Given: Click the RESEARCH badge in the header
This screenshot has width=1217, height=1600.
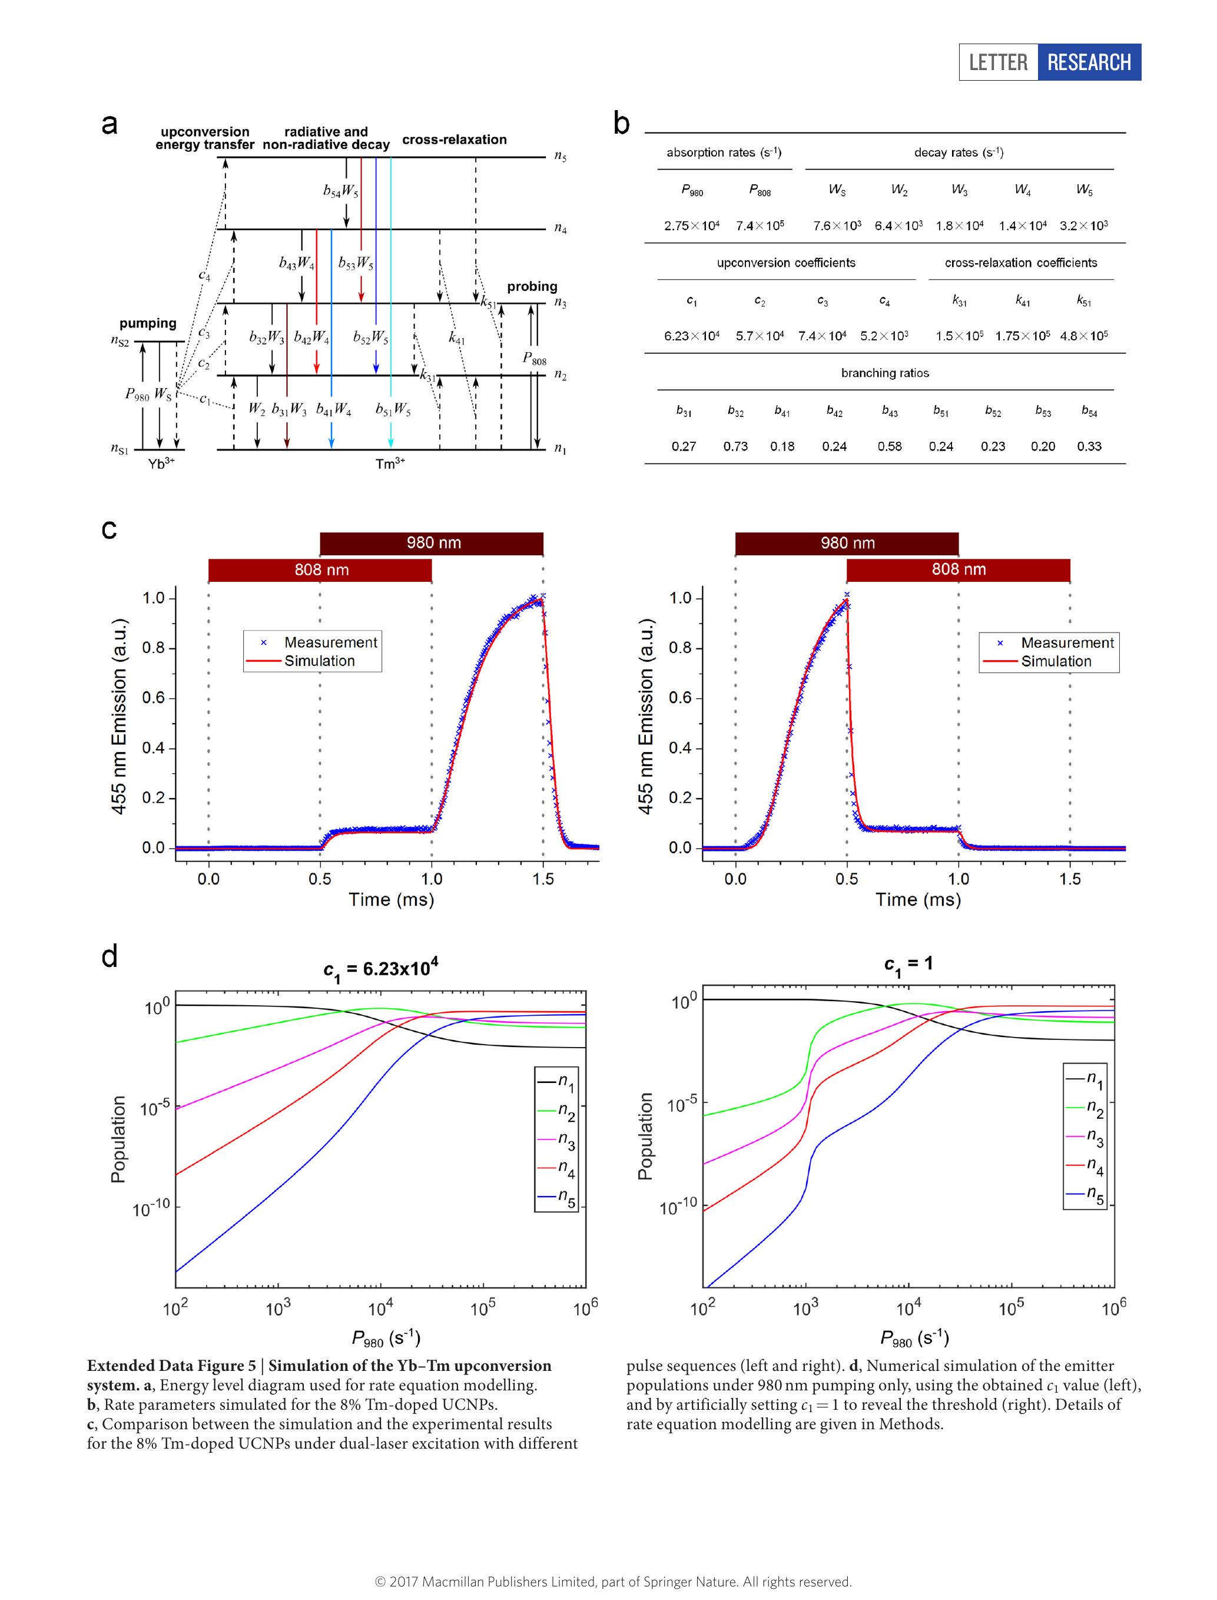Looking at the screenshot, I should coord(1089,62).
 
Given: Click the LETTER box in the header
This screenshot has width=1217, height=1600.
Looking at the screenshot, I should coord(998,62).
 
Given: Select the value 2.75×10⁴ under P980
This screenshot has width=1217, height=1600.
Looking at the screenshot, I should coord(692,226).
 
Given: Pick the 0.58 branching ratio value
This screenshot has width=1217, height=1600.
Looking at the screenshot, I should coord(890,446).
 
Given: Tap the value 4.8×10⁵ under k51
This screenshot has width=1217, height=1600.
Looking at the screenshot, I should coord(1084,336).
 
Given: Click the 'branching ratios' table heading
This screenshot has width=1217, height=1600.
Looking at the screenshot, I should coord(884,373).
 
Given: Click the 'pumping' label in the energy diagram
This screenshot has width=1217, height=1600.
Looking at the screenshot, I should coord(148,323).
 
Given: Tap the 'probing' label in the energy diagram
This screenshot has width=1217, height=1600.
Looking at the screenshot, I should coord(532,286).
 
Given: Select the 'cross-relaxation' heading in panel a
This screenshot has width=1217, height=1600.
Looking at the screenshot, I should coord(454,140).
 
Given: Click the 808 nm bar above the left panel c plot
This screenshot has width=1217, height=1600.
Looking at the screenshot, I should coord(321,569).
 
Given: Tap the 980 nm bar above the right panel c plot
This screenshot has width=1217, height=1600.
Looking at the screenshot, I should coord(847,543).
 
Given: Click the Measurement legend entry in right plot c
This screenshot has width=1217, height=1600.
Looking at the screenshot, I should coord(1066,642).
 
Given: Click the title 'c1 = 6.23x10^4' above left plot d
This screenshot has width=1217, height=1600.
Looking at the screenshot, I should coord(380,969).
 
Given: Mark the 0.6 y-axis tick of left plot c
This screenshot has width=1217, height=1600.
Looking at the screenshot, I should coord(153,698).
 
